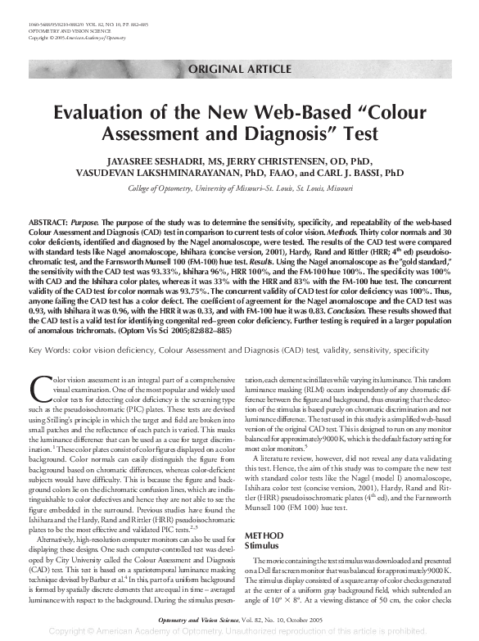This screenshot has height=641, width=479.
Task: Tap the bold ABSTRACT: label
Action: coord(48,223)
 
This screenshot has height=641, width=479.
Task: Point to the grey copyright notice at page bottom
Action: coord(238,633)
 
